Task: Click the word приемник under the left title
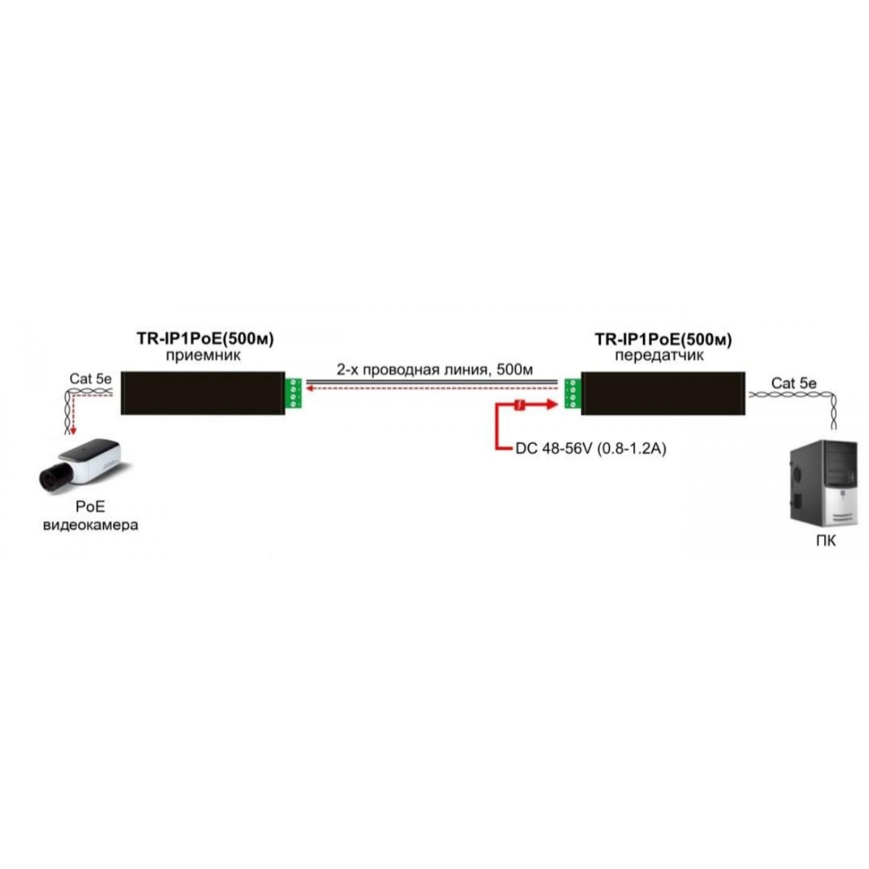203,356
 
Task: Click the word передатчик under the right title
659,356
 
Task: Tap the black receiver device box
203,392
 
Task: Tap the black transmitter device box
663,393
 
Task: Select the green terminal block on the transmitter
573,394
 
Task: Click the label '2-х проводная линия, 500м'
434,370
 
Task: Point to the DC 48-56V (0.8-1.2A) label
591,449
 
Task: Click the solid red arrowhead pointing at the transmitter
552,405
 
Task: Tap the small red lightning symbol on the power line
519,405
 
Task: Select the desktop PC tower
823,484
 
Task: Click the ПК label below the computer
826,541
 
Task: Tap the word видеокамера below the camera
91,525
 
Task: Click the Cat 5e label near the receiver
91,378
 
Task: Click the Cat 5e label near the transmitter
794,383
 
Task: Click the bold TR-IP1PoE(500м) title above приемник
205,339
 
